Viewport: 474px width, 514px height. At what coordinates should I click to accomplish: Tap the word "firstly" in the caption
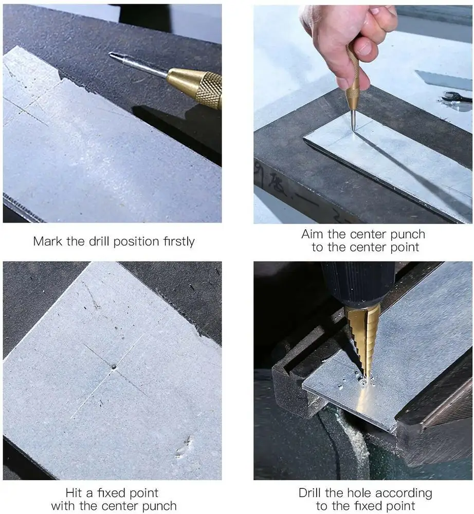tap(179, 242)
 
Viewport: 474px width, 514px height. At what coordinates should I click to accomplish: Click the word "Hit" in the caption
tap(74, 493)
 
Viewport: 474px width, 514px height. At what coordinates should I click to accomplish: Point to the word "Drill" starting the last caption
tap(310, 493)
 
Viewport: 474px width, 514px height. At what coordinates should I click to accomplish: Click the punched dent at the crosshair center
tap(114, 367)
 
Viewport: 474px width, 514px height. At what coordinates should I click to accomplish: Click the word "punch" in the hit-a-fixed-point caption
tap(159, 506)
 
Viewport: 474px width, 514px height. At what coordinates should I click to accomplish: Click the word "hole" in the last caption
tap(359, 493)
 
